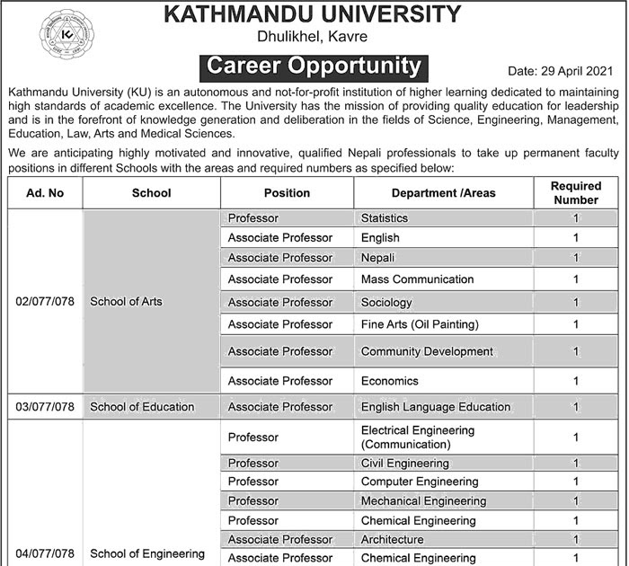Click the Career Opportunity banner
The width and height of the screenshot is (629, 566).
coord(314,66)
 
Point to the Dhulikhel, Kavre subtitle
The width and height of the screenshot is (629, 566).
coord(314,37)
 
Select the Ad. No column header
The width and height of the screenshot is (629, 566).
coord(44,193)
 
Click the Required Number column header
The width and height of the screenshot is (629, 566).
coord(574,193)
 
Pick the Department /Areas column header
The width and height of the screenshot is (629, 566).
coord(443,193)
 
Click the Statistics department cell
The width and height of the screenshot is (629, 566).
coord(385,218)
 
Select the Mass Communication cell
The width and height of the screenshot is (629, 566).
coord(417,280)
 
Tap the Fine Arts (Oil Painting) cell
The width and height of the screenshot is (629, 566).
coord(420,324)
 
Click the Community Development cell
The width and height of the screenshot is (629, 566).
coord(427,351)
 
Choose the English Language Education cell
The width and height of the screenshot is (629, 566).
coord(436,407)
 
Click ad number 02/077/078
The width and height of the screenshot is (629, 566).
coord(44,302)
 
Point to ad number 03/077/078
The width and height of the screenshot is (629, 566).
coord(44,407)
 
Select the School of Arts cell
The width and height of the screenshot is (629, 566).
coord(127,302)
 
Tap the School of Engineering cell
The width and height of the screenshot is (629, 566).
coord(147,553)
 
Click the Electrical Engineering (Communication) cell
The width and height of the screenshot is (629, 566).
coord(418,438)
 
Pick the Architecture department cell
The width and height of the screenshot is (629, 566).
coord(392,540)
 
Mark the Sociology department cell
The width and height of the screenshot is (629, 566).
coord(386,303)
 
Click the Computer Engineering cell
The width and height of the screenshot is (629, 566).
coord(417,482)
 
